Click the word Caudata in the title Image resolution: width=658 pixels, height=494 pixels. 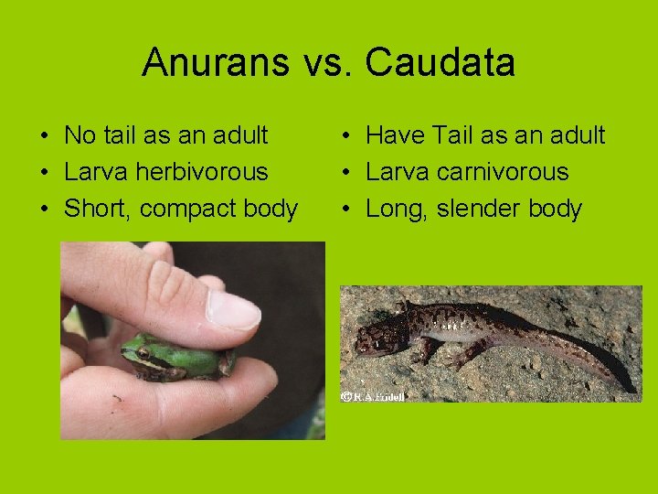440,63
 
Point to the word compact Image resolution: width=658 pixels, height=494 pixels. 181,209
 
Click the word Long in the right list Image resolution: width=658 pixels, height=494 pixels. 395,209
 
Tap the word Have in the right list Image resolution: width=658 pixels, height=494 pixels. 396,135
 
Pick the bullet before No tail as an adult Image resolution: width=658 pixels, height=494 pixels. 45,136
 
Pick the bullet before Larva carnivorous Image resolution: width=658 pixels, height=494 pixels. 347,173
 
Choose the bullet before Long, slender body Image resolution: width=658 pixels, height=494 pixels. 347,209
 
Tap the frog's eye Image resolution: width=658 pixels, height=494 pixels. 143,353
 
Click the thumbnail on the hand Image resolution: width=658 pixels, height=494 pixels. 232,308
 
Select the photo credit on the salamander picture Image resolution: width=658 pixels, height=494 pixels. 373,396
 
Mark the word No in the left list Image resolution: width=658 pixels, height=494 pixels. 79,135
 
